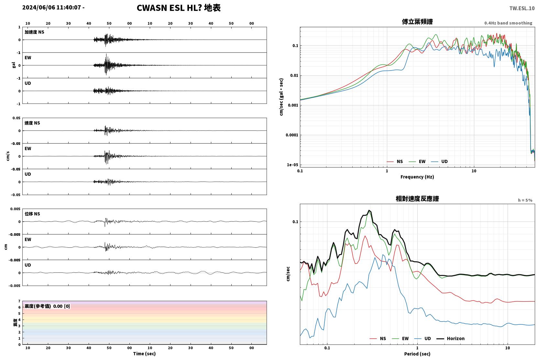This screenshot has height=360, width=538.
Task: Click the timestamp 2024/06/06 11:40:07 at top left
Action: pos(52,7)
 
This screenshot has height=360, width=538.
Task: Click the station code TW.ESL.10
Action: pos(522,8)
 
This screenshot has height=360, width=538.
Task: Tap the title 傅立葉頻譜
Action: pos(417,22)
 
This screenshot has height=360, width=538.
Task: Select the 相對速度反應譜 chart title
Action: pos(417,199)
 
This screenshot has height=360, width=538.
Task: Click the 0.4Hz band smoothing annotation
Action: pos(508,23)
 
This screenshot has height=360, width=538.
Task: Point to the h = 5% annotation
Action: pos(525,200)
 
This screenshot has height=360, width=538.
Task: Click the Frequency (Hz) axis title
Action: pos(417,177)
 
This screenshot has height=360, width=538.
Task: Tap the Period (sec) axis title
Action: pos(417,354)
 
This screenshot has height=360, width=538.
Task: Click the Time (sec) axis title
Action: pos(144,354)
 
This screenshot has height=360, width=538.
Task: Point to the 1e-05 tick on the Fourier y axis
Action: pos(292,165)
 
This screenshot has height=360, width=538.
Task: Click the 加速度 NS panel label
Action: pos(34,32)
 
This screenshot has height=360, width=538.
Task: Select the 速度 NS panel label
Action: pos(32,123)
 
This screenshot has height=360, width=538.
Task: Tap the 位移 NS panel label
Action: pos(32,214)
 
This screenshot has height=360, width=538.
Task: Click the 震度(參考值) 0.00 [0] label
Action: pos(47,306)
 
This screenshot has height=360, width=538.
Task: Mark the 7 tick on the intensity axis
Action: pos(19,301)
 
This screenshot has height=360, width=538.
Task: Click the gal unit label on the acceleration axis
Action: pos(14,65)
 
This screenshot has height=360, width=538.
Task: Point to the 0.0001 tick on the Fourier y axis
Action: pos(292,135)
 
